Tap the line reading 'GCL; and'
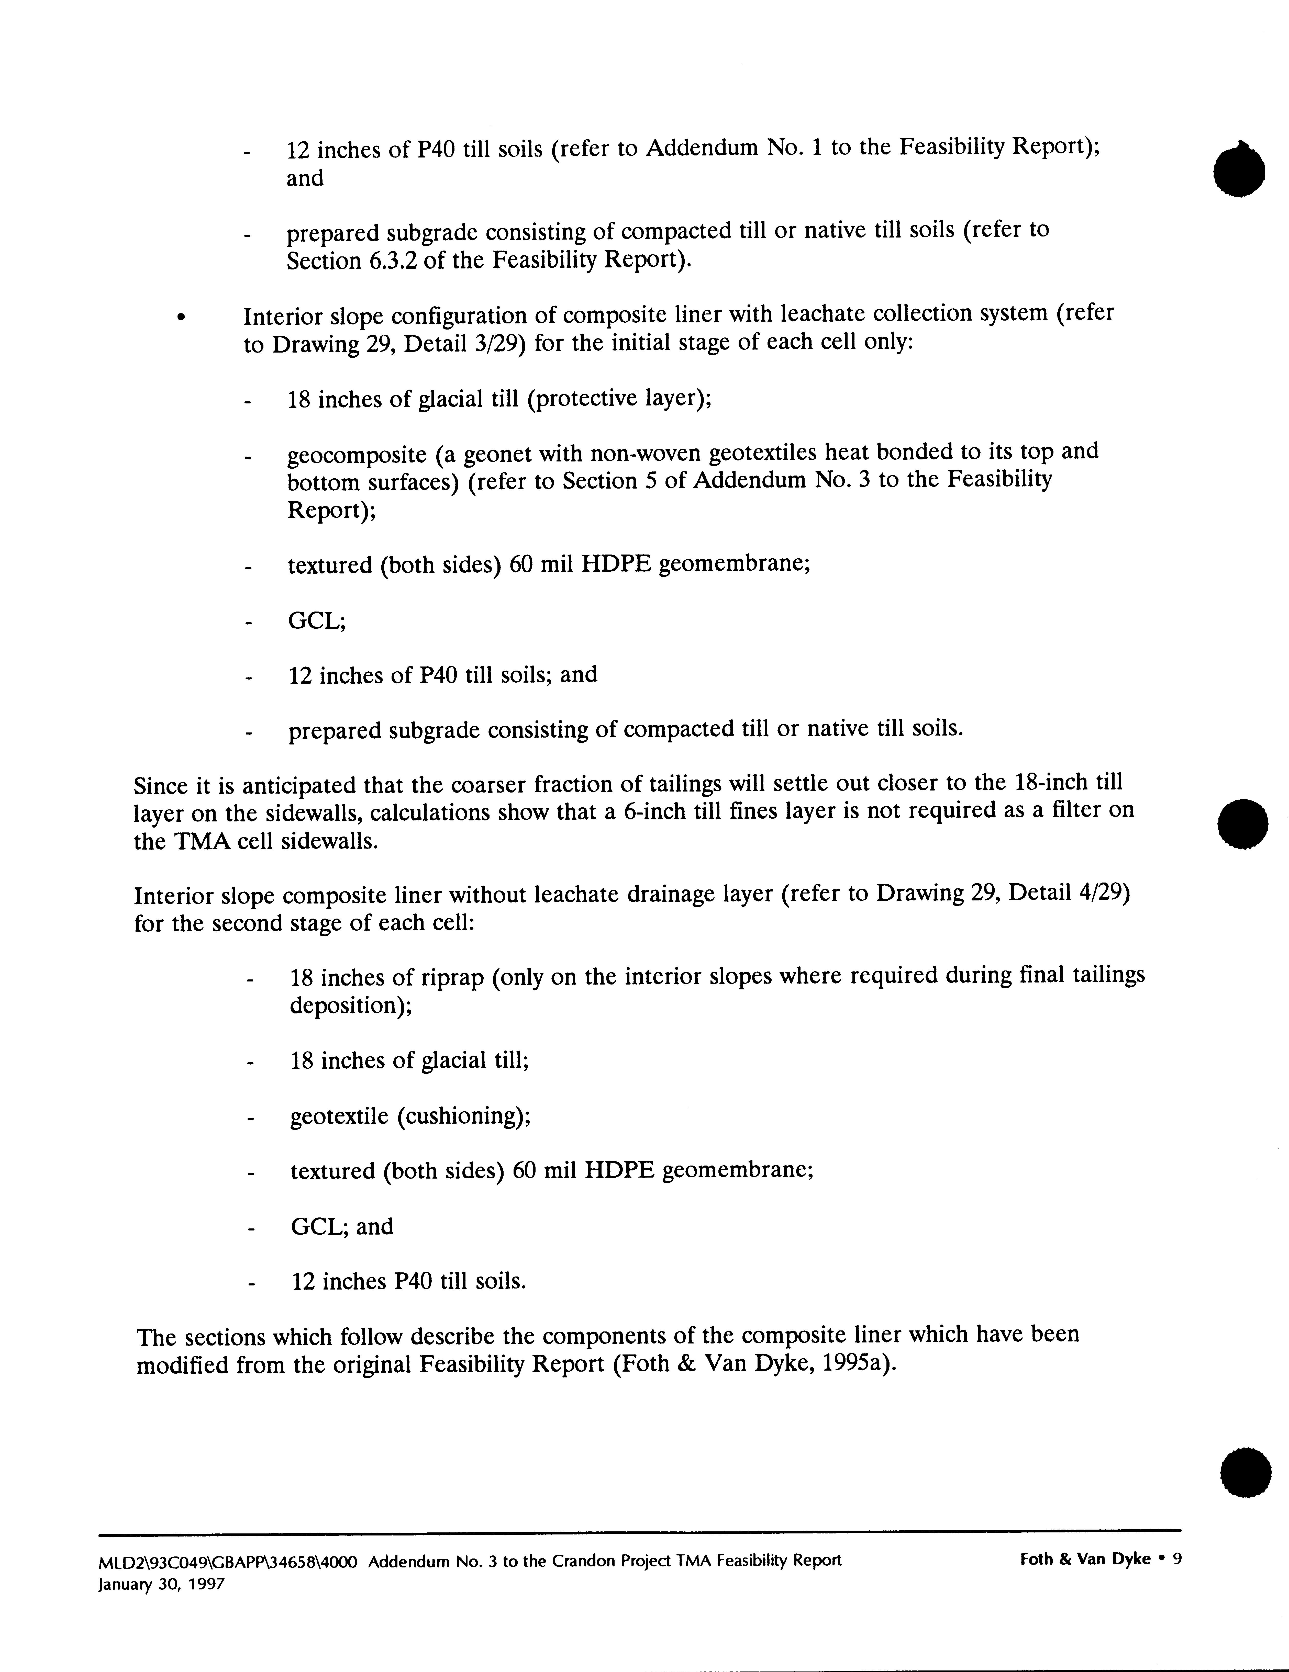pyautogui.click(x=342, y=1226)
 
